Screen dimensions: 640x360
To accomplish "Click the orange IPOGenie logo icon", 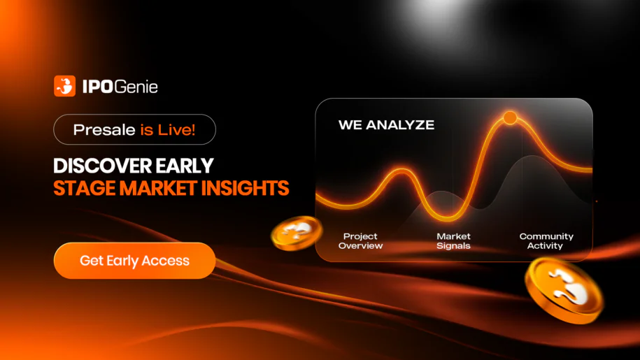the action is (x=64, y=86).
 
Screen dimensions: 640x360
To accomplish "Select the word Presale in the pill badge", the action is (x=104, y=129).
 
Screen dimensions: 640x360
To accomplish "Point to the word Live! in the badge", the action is (x=177, y=129).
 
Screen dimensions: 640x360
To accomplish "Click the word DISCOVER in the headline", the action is (x=102, y=166).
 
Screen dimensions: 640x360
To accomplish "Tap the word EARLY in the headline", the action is (x=185, y=166).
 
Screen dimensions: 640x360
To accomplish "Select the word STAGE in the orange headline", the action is (x=85, y=188).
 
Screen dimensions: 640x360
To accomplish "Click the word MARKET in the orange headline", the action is (x=158, y=188).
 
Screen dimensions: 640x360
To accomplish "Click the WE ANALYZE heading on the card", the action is (x=386, y=124).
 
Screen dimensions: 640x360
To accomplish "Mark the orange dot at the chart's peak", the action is (x=510, y=118).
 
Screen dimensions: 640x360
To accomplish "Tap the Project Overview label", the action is (x=360, y=241).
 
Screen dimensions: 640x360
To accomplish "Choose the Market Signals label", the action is (x=453, y=241).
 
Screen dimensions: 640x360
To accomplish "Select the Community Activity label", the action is (x=546, y=241).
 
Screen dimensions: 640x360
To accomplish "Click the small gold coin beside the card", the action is (x=297, y=233).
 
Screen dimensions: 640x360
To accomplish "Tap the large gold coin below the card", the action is (x=564, y=290).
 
